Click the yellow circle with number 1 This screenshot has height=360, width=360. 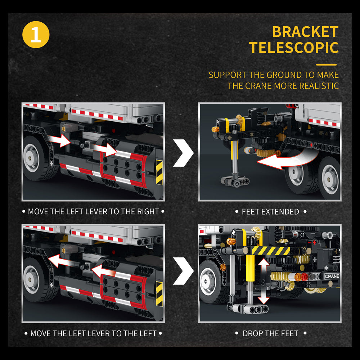[36, 35]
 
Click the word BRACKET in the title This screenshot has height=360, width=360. [305, 32]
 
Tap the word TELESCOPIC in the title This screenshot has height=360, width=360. [294, 48]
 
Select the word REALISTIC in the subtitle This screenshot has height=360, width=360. [319, 86]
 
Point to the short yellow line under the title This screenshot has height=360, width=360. [326, 65]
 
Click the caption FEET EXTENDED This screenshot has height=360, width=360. [270, 212]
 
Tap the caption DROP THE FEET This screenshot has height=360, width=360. [270, 333]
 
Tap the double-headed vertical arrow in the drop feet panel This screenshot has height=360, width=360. [264, 281]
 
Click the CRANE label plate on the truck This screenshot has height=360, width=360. [332, 276]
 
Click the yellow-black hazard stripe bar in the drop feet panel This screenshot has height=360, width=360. [270, 251]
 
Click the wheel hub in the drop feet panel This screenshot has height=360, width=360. [208, 281]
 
